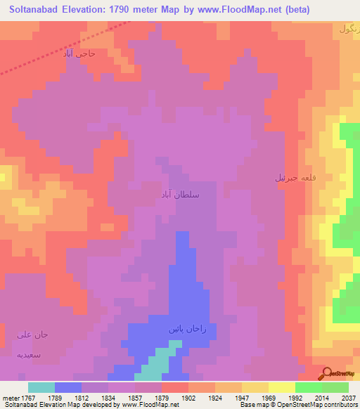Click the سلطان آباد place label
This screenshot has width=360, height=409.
(x=180, y=194)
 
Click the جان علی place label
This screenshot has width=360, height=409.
(x=31, y=334)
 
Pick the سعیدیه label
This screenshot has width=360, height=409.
(x=30, y=355)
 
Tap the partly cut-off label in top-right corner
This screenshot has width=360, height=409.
(x=349, y=29)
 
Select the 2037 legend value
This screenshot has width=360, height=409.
(x=347, y=397)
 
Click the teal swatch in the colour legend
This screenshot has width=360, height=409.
(x=41, y=387)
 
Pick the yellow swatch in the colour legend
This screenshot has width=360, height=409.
(x=281, y=387)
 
